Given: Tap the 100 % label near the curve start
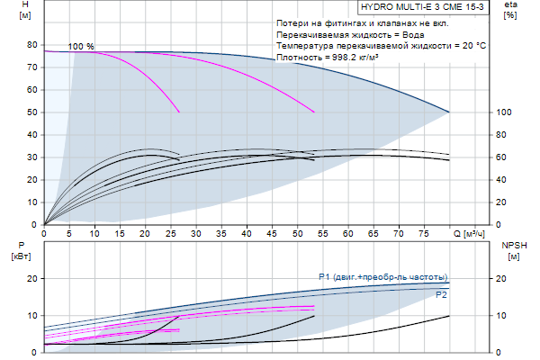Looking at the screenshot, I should (x=81, y=46).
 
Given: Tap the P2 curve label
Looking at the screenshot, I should (x=441, y=295).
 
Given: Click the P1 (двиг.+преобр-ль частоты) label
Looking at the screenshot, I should (x=382, y=276).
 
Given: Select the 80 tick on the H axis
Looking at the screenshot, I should (x=31, y=45).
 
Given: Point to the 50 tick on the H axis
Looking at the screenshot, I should (x=31, y=112).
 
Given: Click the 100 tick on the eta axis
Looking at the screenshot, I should (x=504, y=112).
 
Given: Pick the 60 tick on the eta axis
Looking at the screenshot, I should (x=506, y=157).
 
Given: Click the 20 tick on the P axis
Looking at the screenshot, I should (x=31, y=279).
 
